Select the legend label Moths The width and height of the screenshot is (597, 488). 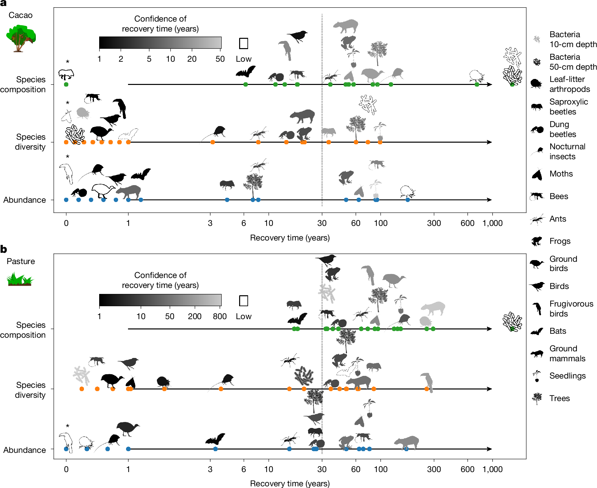(x=561, y=174)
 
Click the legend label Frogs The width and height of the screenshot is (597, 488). (x=560, y=241)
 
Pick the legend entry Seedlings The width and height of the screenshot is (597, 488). (x=567, y=376)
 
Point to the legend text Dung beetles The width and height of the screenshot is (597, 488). (x=563, y=129)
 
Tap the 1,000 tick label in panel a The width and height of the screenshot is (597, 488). (x=492, y=223)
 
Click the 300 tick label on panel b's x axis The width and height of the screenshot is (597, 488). (x=434, y=469)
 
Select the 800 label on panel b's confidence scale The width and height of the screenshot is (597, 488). (x=220, y=316)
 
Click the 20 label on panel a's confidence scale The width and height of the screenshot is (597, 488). (x=192, y=59)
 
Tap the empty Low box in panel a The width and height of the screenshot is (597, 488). (x=243, y=43)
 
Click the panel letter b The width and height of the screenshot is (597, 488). (x=4, y=249)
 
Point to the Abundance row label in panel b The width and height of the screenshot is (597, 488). (x=25, y=450)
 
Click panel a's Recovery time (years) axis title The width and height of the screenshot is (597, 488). (x=290, y=238)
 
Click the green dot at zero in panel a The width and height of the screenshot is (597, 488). (x=66, y=85)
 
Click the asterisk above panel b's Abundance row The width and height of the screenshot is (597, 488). (x=68, y=426)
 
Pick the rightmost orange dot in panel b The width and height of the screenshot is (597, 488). (x=427, y=389)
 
